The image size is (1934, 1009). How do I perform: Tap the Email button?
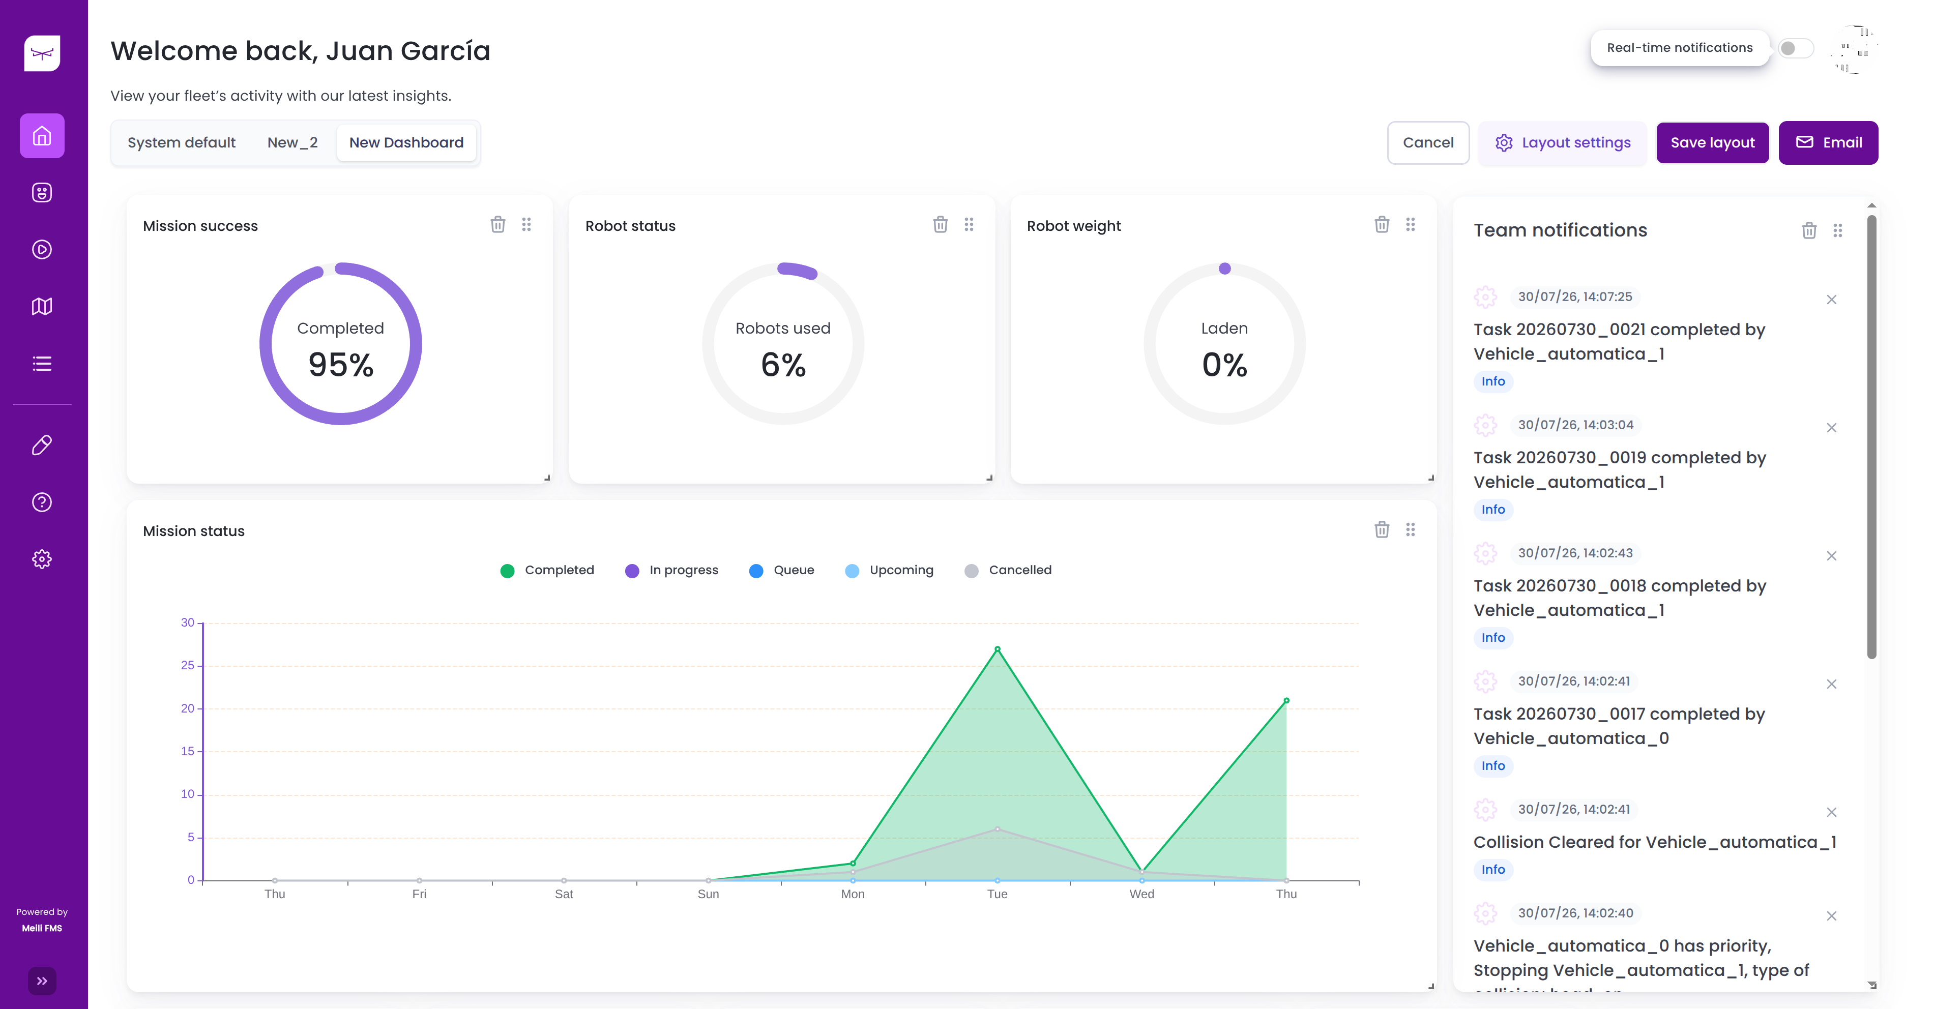pos(1828,142)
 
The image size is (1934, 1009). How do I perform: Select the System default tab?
pos(182,142)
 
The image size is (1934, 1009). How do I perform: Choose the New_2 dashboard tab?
pos(292,142)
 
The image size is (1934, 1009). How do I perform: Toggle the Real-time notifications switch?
pos(1795,48)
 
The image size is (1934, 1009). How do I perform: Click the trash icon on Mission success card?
pos(498,224)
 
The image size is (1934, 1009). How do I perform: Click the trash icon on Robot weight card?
pos(1382,224)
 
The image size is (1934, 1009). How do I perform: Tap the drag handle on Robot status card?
pos(969,224)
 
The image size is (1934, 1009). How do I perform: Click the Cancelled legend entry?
pos(1008,571)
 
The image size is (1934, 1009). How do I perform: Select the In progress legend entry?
pos(671,571)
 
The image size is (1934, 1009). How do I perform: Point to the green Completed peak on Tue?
pos(997,648)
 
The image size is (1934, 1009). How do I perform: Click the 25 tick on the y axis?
pos(188,665)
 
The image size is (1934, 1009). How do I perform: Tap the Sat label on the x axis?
pos(563,894)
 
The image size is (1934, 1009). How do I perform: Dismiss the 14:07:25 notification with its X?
pos(1831,300)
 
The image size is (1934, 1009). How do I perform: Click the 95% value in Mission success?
pos(341,365)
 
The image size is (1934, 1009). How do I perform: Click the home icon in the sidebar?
pos(42,136)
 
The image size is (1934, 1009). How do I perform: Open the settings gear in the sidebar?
pos(42,559)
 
